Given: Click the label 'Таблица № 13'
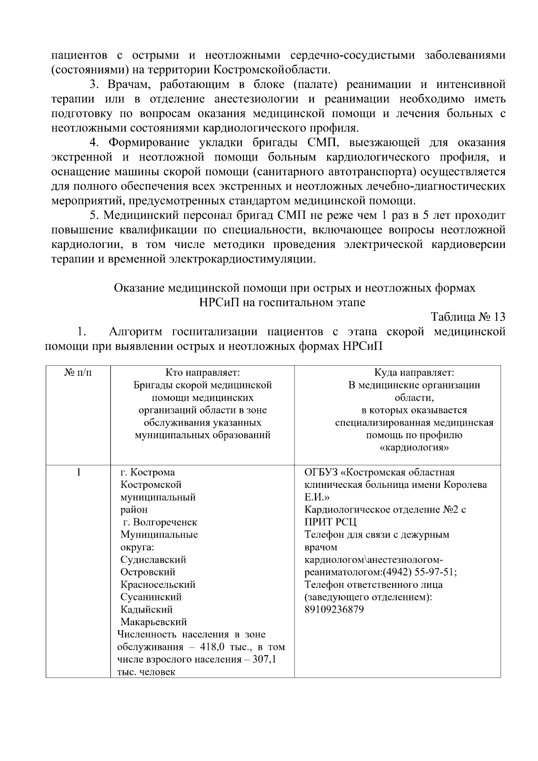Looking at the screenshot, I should click(x=468, y=317).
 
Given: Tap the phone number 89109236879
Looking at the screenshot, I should click(x=334, y=609).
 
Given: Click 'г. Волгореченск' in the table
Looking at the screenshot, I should click(x=160, y=522).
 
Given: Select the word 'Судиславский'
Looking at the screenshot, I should click(x=153, y=560).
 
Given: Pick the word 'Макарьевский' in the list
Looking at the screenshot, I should click(x=154, y=622).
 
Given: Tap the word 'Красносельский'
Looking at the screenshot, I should click(x=158, y=585).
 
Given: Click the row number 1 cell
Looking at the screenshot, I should click(x=78, y=472).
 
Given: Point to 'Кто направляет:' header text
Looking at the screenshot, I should click(x=203, y=373).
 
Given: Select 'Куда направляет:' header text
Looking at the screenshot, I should click(x=414, y=373).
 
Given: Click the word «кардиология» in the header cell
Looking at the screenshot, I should click(x=414, y=448).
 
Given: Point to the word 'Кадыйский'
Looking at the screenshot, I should click(x=147, y=609).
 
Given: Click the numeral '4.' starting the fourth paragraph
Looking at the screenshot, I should click(x=94, y=143).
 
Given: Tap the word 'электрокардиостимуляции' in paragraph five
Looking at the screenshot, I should click(x=242, y=259).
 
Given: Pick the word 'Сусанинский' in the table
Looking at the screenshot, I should click(x=151, y=597).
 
